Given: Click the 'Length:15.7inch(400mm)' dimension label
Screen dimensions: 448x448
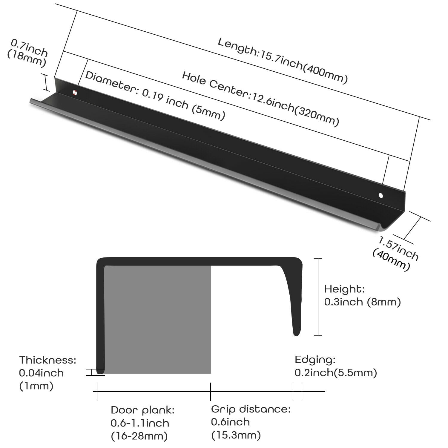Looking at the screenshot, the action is coord(283,61).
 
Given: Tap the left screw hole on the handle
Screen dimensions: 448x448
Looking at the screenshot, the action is coord(75,92).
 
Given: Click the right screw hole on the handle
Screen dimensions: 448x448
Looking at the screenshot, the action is coord(381,196).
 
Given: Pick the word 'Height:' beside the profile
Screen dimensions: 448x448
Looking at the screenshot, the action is coord(344,289).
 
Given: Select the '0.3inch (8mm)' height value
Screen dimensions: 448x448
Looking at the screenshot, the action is coord(362,302).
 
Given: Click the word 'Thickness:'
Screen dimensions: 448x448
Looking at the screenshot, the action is coord(48,360).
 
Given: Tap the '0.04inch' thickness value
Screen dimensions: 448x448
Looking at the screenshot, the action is coord(42,373).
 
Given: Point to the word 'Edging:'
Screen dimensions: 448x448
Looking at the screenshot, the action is coord(315,360).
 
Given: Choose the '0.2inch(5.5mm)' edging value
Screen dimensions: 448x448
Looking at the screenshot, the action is coord(336,373).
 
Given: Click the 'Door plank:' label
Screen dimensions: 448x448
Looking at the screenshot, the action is coord(142,410).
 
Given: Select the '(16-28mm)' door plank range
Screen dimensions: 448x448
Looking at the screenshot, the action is coord(139,436).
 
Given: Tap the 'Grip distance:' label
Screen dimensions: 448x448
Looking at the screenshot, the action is coord(251,409).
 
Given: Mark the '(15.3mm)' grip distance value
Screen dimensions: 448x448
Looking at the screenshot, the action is coord(236,435).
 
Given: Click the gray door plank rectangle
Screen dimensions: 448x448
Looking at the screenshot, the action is coord(157,320).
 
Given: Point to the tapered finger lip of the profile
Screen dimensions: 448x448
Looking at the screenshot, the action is coord(294,299).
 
